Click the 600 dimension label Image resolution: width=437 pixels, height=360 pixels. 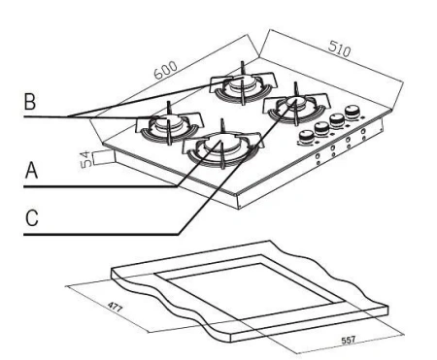tap(166, 70)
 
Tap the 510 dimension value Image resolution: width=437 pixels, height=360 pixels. tap(340, 49)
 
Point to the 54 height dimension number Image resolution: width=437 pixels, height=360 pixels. tap(85, 159)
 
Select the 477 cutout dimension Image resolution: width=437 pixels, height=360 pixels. tap(115, 307)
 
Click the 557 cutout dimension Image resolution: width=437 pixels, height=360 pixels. tap(349, 340)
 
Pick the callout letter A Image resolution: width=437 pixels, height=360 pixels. tap(31, 170)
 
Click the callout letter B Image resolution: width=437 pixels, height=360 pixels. tap(30, 101)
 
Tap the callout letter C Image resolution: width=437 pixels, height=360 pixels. tap(32, 217)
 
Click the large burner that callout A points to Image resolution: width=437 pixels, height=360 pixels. tap(222, 147)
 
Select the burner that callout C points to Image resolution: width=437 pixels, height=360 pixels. tap(295, 108)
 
